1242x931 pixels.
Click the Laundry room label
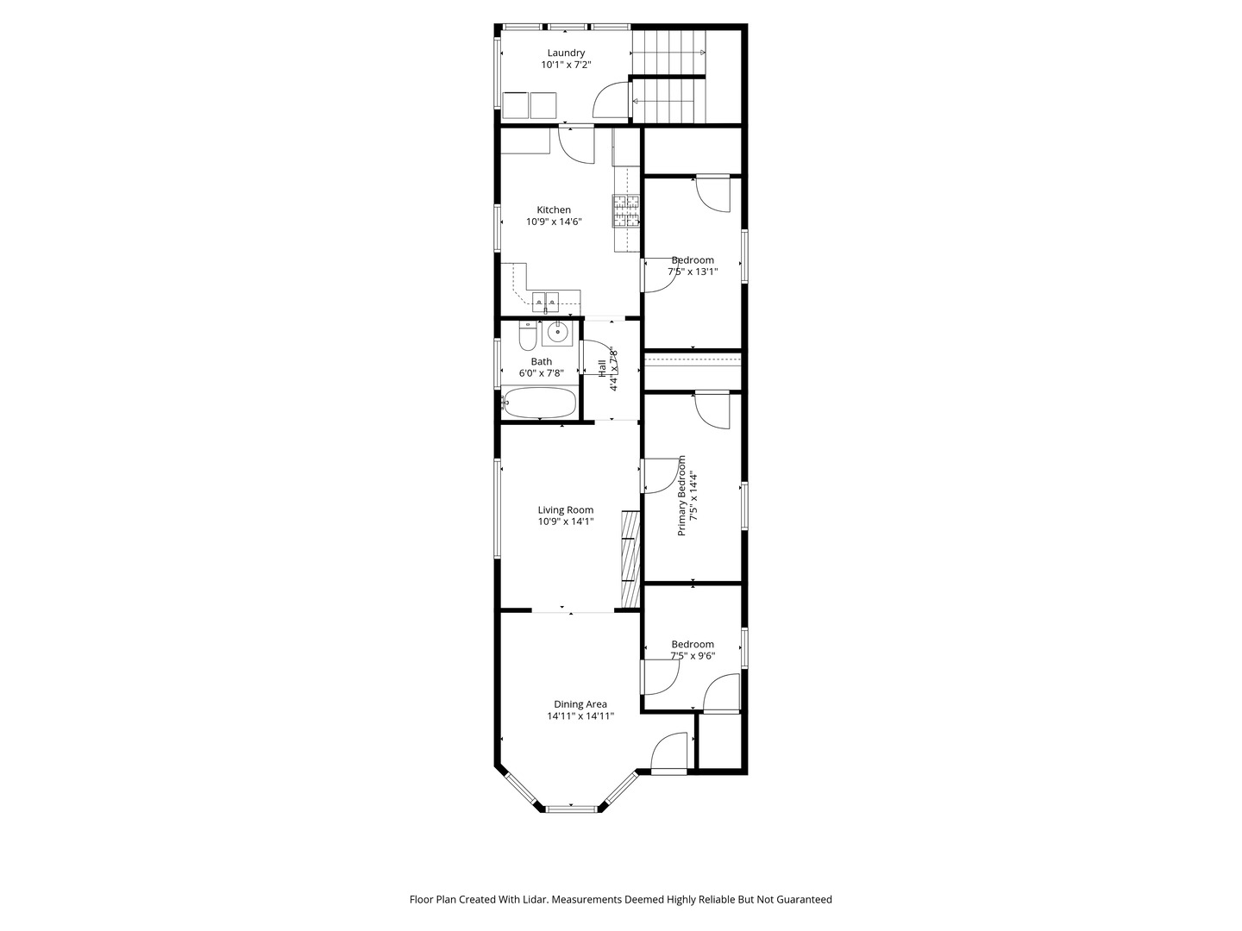566,53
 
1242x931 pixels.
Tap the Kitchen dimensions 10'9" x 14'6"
554,222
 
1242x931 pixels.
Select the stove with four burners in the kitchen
627,211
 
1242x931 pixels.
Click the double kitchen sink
545,302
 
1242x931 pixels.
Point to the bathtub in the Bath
539,403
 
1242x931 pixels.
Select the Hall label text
602,368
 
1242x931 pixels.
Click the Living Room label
566,509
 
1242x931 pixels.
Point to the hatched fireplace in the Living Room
630,559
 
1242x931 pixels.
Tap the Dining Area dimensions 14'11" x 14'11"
580,715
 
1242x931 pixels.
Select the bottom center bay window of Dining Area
572,809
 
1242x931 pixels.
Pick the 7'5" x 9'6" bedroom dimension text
693,656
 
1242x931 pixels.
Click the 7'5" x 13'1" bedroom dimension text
693,272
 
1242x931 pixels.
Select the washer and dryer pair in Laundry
530,105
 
